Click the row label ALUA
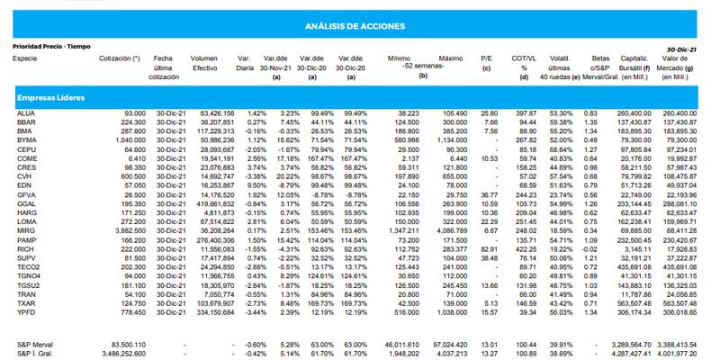pos(25,113)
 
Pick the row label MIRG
pos(25,230)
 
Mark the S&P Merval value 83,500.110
pos(127,344)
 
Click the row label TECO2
pos(28,266)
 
